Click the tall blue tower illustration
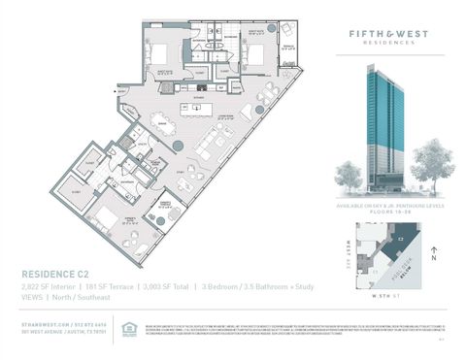point(383,126)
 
